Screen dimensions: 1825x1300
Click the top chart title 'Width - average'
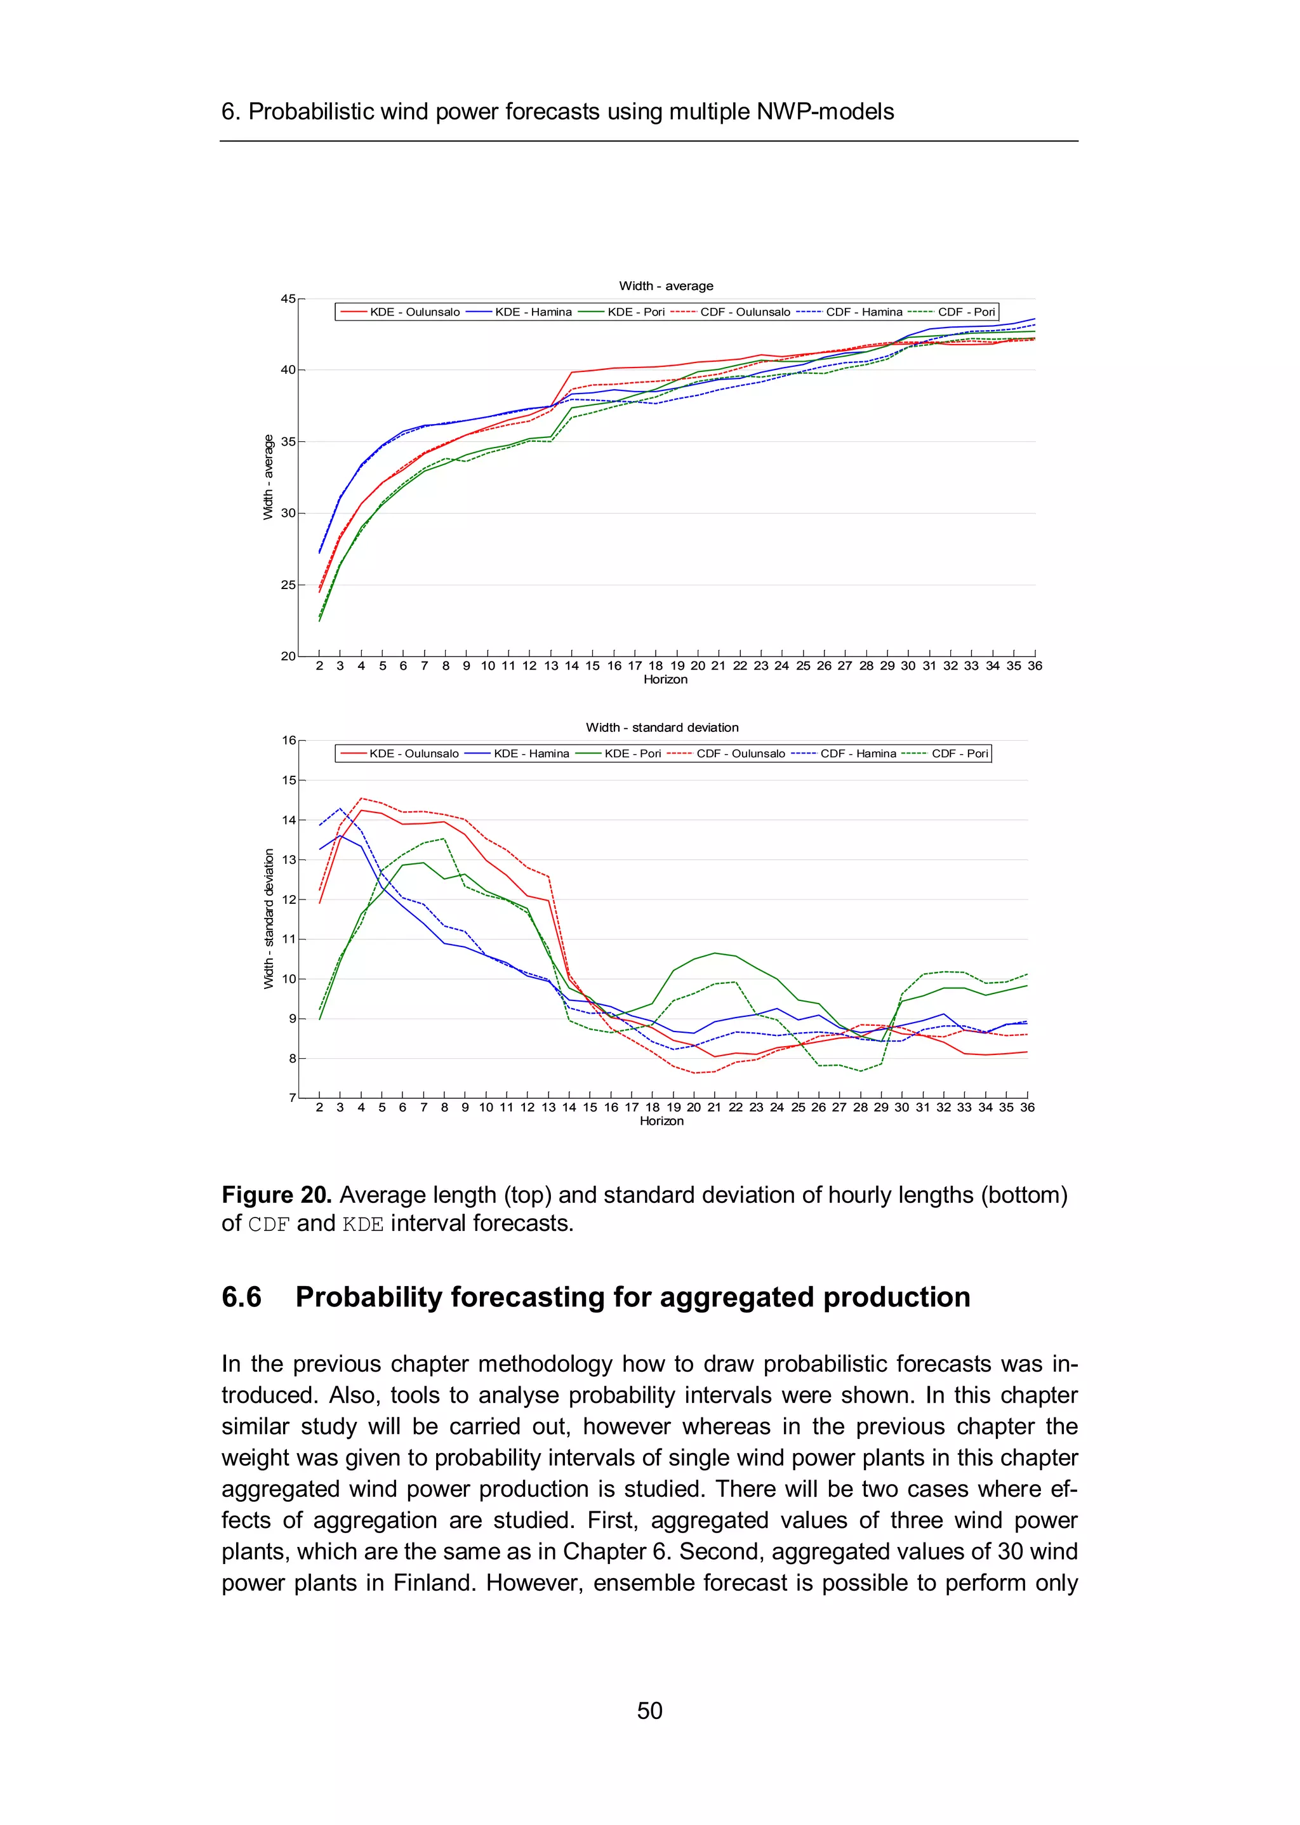click(665, 286)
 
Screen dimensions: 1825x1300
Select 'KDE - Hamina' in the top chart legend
click(533, 312)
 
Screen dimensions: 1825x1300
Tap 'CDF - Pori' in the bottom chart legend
click(959, 753)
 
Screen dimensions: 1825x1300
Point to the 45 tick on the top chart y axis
click(288, 298)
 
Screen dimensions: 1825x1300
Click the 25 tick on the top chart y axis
click(288, 585)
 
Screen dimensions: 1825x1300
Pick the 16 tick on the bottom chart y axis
click(288, 740)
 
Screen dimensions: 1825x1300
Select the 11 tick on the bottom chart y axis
click(288, 939)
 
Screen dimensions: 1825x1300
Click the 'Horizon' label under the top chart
click(665, 680)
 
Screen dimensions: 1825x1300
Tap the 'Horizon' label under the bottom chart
click(661, 1122)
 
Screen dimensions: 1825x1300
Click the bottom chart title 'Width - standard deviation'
click(662, 727)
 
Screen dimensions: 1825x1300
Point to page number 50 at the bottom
click(649, 1711)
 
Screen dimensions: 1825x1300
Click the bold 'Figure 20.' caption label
click(276, 1195)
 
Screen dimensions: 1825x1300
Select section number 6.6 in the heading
click(242, 1297)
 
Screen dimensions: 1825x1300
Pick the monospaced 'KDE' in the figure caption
click(362, 1224)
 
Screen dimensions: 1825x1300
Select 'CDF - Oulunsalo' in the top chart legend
click(745, 312)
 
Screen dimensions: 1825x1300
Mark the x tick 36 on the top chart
click(1034, 666)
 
